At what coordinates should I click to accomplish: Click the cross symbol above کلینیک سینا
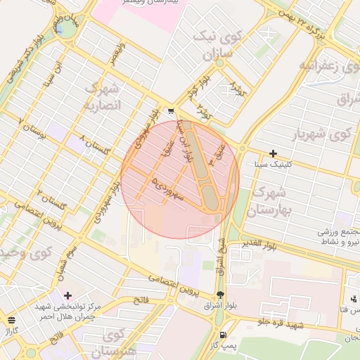point(274,153)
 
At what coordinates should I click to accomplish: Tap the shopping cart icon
point(171,111)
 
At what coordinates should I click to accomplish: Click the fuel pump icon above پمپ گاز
point(223,335)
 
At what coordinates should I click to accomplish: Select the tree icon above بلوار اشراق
point(221,295)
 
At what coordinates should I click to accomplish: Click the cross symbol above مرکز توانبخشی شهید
point(67,295)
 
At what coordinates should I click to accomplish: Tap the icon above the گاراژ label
point(11,319)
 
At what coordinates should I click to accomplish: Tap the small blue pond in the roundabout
point(67,27)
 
